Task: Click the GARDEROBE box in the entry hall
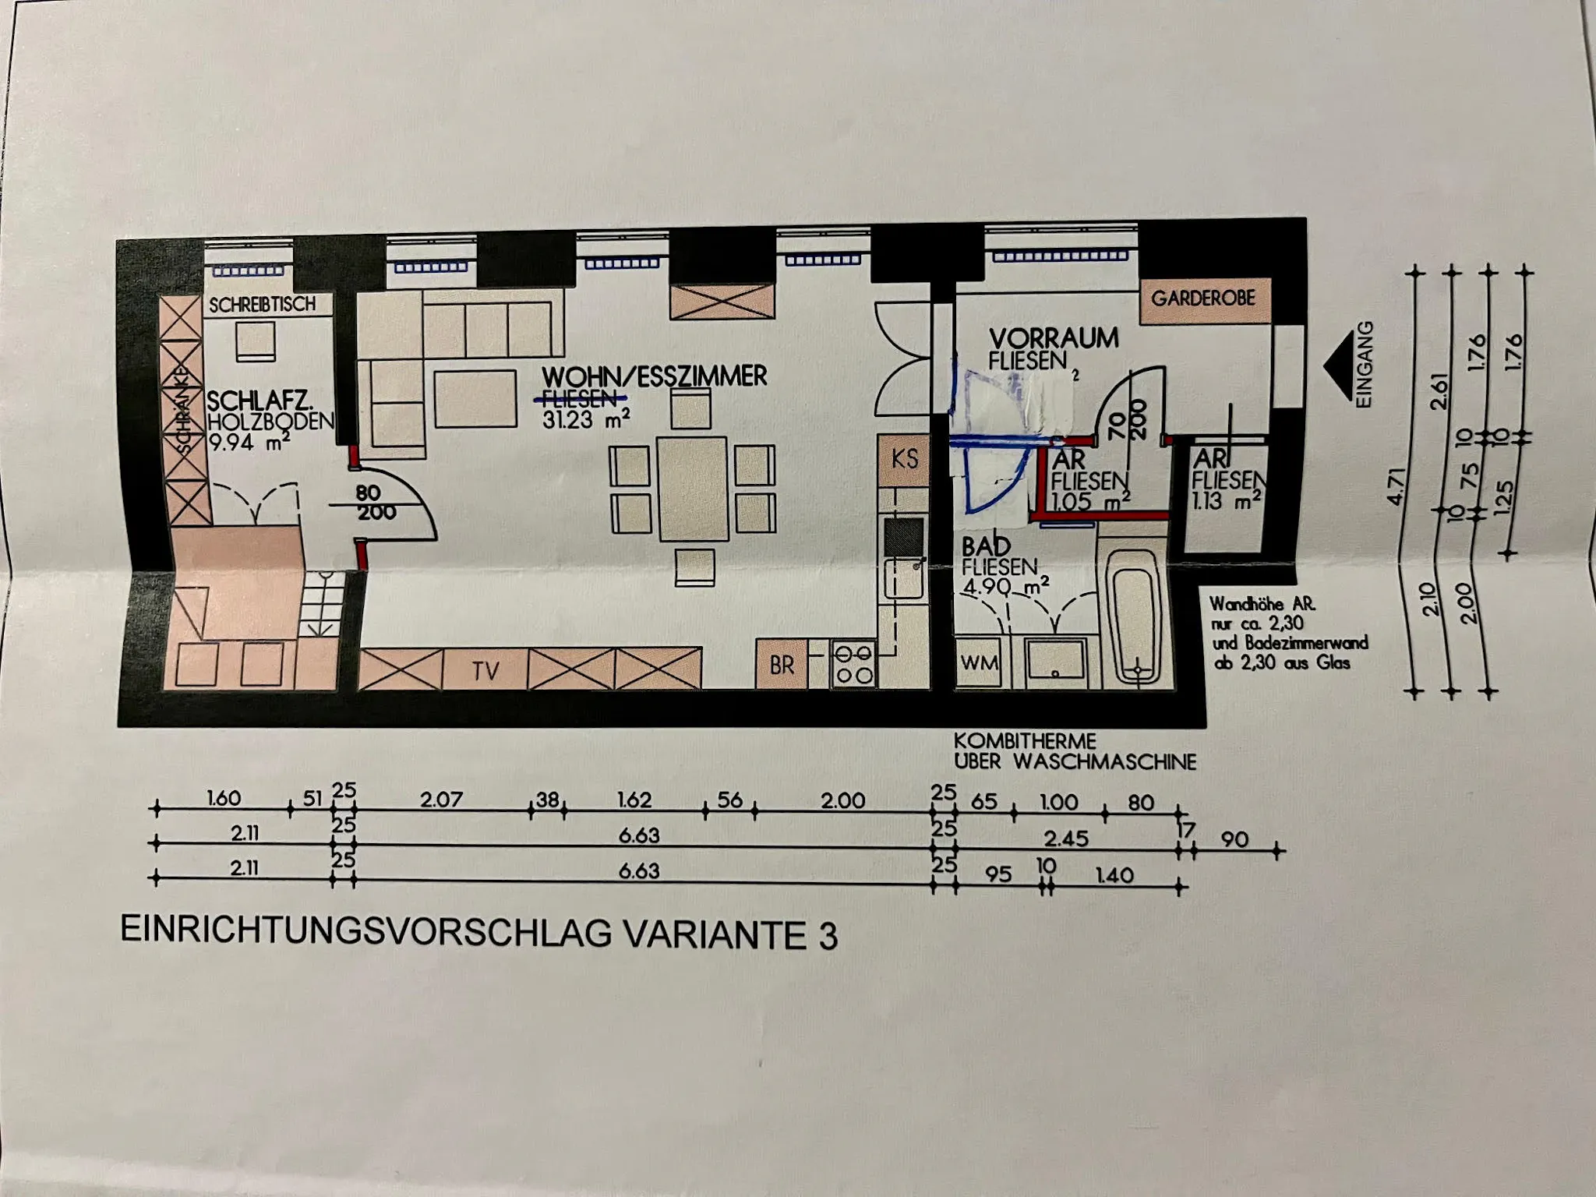(x=1204, y=298)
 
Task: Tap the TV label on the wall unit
(x=485, y=670)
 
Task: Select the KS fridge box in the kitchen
(x=904, y=458)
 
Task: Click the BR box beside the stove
(x=782, y=665)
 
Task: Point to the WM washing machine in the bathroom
(x=979, y=663)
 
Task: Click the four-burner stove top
(x=854, y=664)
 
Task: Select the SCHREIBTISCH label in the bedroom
(x=262, y=305)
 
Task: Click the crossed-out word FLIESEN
(x=580, y=399)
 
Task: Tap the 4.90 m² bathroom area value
(x=1005, y=586)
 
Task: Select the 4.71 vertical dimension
(x=1397, y=485)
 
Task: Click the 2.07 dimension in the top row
(x=441, y=800)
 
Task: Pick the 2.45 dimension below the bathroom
(x=1066, y=839)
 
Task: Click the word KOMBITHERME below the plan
(x=1025, y=740)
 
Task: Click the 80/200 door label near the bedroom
(x=374, y=503)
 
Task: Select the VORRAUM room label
(x=1054, y=338)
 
